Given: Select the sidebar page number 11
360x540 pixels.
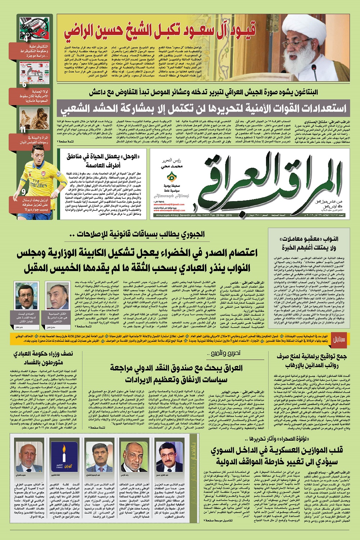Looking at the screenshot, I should tap(23, 130).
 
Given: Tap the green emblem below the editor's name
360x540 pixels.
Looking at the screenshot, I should tap(172, 177).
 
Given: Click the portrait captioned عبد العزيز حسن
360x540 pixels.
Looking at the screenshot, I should tap(168, 455).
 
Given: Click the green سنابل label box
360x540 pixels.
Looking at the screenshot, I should tap(339, 339).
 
